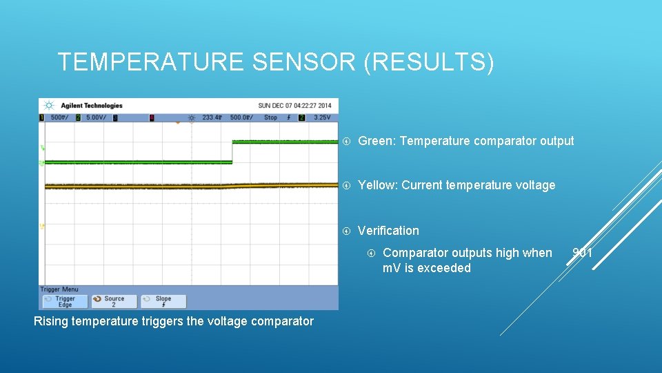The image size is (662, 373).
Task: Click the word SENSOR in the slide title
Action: point(304,62)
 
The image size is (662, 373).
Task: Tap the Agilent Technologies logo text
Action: point(91,106)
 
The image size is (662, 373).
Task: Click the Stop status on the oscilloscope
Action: point(271,117)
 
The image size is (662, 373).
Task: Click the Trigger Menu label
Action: point(59,289)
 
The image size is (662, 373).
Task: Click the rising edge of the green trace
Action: point(232,152)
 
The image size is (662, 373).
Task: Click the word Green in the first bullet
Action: point(375,141)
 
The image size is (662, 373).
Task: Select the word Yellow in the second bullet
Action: point(377,185)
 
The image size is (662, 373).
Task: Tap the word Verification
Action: point(388,231)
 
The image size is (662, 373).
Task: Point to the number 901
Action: point(582,253)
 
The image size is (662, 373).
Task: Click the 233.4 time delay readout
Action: point(211,117)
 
